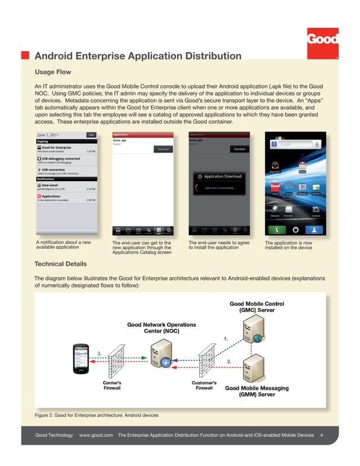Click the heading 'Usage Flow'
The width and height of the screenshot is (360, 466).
click(53, 72)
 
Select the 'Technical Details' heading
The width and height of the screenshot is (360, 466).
click(61, 264)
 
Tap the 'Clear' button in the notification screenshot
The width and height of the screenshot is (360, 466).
click(91, 135)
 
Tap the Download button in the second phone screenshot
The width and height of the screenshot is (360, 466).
click(163, 149)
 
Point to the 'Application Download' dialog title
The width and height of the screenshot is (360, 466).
click(223, 177)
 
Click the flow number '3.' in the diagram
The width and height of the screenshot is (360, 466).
click(100, 353)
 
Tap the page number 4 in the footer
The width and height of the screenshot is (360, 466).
click(321, 436)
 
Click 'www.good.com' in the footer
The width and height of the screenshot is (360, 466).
click(96, 436)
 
